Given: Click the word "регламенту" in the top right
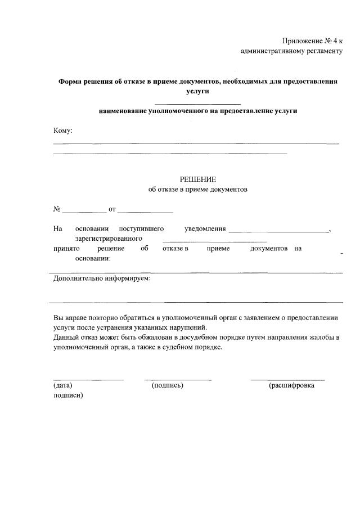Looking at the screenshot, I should coord(322,51).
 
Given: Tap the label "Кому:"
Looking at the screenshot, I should coord(62,131).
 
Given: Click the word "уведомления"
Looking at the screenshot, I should coord(205,229).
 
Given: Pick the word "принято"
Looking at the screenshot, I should coord(66,249).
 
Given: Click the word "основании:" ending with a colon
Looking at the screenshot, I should coord(93,259).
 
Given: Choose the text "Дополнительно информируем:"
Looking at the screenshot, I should coord(102,278).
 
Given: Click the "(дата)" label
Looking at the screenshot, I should coord(62,385).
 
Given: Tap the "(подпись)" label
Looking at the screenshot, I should coord(168,385).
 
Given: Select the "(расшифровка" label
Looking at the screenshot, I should coord(291,385).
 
